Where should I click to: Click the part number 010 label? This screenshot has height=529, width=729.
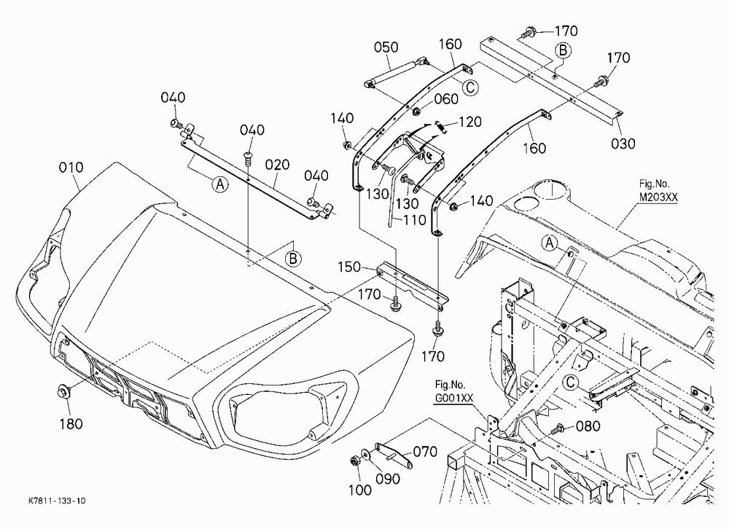(71, 168)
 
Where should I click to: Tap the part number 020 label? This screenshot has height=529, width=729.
(278, 165)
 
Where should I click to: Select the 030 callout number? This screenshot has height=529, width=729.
(623, 143)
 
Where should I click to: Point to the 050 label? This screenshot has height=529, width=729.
(386, 47)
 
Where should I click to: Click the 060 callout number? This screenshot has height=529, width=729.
(446, 99)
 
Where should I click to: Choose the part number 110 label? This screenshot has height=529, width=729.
(414, 220)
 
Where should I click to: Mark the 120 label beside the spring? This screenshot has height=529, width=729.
(470, 122)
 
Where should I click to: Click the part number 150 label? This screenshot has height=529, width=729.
(349, 267)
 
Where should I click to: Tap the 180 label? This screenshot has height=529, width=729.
(71, 424)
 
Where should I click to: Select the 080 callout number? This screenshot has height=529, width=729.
(588, 426)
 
